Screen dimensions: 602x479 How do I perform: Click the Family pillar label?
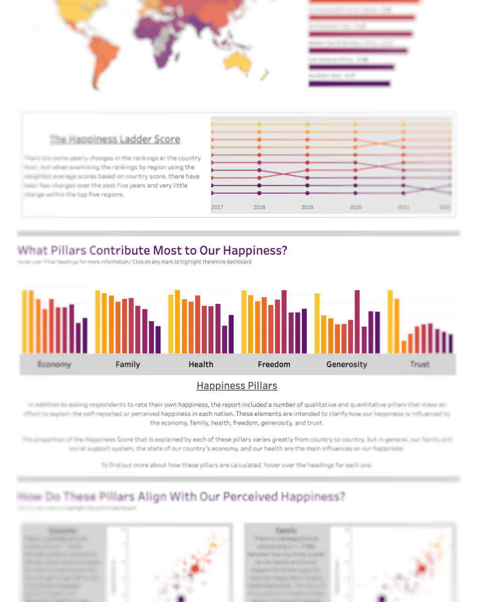coord(128,364)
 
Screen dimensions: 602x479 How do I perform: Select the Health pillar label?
coord(201,364)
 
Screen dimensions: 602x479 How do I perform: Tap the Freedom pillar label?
coord(274,364)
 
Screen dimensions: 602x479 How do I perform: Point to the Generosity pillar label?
coord(346,364)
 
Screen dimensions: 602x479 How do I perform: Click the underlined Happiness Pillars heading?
coord(237,386)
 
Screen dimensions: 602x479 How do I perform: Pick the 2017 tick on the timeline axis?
coord(217,207)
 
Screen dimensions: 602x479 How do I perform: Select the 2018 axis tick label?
coord(259,207)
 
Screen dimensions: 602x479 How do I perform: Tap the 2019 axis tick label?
coord(307,207)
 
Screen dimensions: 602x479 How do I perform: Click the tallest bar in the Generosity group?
coord(357,322)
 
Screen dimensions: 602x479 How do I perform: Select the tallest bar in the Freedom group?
coord(284,322)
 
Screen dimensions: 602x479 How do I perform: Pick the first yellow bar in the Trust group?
coord(390,322)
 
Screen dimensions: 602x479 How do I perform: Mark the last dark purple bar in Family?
coord(158,339)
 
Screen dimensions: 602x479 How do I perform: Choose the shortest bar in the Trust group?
coord(404,347)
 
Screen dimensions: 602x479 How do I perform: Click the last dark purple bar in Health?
coord(231,334)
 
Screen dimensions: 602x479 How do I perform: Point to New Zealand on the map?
coord(265,75)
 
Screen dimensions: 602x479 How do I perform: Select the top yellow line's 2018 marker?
coord(259,124)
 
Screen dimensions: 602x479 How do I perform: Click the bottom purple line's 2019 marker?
coord(307,193)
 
